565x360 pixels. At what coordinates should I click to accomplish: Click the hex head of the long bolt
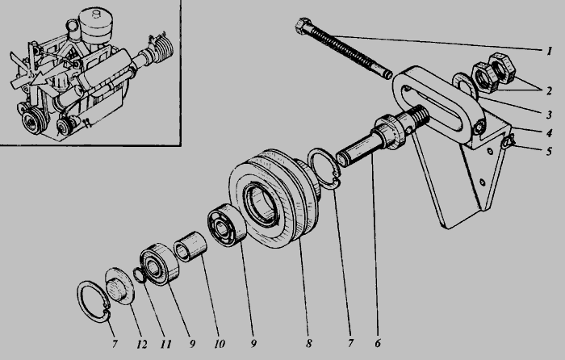(x=303, y=26)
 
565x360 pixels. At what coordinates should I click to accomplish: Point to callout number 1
(x=549, y=51)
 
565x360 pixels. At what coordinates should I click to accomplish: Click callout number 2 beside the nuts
(x=549, y=90)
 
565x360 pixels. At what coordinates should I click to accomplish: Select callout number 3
(x=549, y=115)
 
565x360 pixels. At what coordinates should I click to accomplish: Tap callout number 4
(x=549, y=132)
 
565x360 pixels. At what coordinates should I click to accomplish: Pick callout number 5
(x=549, y=151)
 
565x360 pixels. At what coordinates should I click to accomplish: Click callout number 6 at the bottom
(x=377, y=343)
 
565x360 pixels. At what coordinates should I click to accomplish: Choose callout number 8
(x=309, y=343)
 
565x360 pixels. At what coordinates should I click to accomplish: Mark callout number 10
(x=220, y=344)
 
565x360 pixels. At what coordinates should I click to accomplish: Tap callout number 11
(x=165, y=344)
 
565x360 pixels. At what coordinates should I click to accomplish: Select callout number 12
(x=141, y=344)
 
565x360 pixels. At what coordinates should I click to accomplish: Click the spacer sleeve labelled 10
(x=190, y=246)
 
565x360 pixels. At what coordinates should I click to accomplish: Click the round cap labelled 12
(x=119, y=286)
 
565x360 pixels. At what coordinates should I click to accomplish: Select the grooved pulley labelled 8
(x=274, y=199)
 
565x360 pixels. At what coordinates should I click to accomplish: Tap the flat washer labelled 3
(x=465, y=86)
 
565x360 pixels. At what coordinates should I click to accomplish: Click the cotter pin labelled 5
(x=508, y=141)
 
